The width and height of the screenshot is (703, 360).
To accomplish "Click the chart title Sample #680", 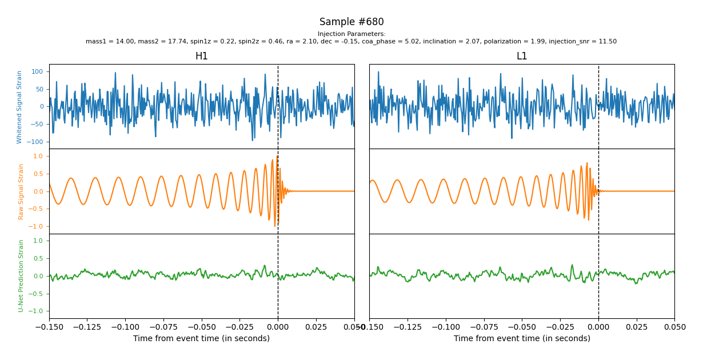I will pos(351,22).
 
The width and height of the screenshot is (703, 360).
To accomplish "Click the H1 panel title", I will pos(201,57).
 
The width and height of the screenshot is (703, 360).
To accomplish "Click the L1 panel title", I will pos(522,57).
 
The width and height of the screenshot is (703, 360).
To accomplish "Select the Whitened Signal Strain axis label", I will pos(19,107).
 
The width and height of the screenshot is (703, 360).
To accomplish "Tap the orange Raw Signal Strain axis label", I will pos(21,191).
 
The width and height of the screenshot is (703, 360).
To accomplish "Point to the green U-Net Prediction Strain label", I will pos(21,275).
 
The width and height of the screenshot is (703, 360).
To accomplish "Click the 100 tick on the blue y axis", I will pos(38,72).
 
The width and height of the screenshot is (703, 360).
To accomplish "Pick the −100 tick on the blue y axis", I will pos(36,142).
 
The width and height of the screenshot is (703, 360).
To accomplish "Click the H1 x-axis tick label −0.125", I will pos(87,327).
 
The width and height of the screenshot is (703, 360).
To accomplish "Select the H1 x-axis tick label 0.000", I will pos(278,327).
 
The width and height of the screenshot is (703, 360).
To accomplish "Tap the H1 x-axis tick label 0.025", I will pos(316,327).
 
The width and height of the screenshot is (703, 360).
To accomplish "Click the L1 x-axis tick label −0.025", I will pos(560,327).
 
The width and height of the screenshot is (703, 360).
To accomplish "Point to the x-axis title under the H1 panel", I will pos(201,339).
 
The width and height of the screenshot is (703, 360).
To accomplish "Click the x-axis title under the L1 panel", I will pos(522,339).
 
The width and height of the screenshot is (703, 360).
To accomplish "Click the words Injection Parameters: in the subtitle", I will pos(351,34).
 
